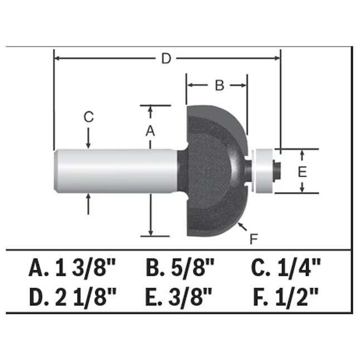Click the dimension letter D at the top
click(166, 59)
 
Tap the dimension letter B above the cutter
click(219, 85)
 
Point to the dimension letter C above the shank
click(89, 117)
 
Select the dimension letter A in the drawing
click(150, 130)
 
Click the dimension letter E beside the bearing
click(302, 172)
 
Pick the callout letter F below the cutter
click(254, 239)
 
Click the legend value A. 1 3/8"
click(72, 267)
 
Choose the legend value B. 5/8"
click(180, 267)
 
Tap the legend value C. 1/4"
click(286, 267)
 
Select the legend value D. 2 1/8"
click(73, 297)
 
